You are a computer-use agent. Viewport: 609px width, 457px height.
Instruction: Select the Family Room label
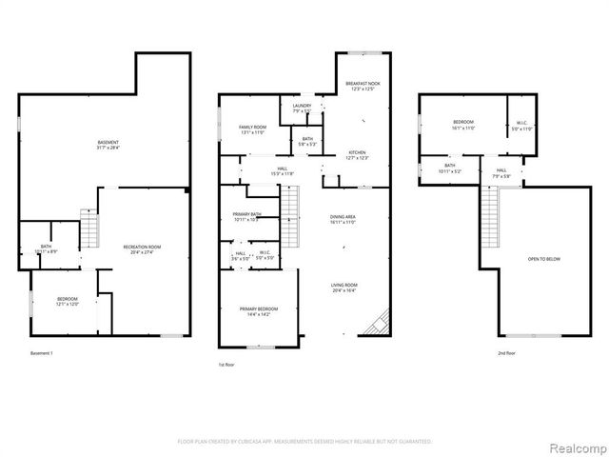pyautogui.click(x=252, y=129)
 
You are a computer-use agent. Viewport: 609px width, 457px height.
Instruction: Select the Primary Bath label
pyautogui.click(x=246, y=216)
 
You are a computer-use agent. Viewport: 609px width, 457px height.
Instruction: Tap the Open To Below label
pyautogui.click(x=542, y=258)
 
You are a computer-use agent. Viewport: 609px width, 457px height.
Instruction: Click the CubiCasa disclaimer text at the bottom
pyautogui.click(x=304, y=442)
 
